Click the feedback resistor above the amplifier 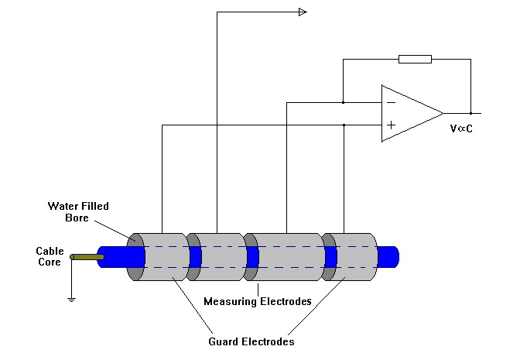[415, 60]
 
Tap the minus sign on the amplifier [392, 103]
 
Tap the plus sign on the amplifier [392, 125]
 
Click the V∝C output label [461, 129]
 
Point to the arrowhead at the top [303, 12]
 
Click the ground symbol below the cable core [71, 300]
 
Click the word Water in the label [62, 206]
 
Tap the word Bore [77, 218]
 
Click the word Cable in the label [50, 251]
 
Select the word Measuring [230, 302]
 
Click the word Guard [223, 341]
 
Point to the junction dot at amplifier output [470, 114]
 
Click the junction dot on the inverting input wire [344, 102]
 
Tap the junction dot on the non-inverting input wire [344, 125]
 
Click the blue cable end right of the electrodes [388, 257]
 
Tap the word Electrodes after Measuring [286, 302]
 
